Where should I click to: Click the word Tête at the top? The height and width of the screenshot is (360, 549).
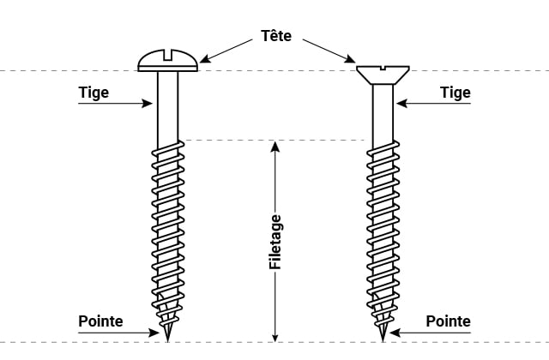276,35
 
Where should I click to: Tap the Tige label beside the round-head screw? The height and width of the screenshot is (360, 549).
94,93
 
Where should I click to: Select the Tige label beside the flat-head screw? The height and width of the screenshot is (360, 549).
455,93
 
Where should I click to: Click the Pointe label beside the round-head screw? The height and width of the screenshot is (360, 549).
100,321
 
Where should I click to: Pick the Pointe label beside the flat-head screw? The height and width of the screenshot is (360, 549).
448,321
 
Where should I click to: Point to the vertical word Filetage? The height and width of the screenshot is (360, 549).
275,242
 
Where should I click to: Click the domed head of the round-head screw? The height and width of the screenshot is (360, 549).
168,61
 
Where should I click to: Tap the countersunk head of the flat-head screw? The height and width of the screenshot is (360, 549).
383,75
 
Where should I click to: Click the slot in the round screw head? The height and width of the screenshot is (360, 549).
168,55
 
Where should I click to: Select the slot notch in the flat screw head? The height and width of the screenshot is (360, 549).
383,68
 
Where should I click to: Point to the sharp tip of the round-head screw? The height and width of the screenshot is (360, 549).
168,341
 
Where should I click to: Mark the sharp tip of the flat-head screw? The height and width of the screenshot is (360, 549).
383,341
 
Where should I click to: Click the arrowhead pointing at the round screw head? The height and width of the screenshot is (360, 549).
205,59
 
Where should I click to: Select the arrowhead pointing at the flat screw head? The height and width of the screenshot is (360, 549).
350,59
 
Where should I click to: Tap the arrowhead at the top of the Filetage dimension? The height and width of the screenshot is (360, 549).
275,147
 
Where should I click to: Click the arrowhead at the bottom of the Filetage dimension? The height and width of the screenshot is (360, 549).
275,336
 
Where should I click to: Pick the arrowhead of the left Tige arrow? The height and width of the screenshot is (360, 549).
147,103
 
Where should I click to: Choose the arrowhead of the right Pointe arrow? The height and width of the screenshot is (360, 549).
395,333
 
